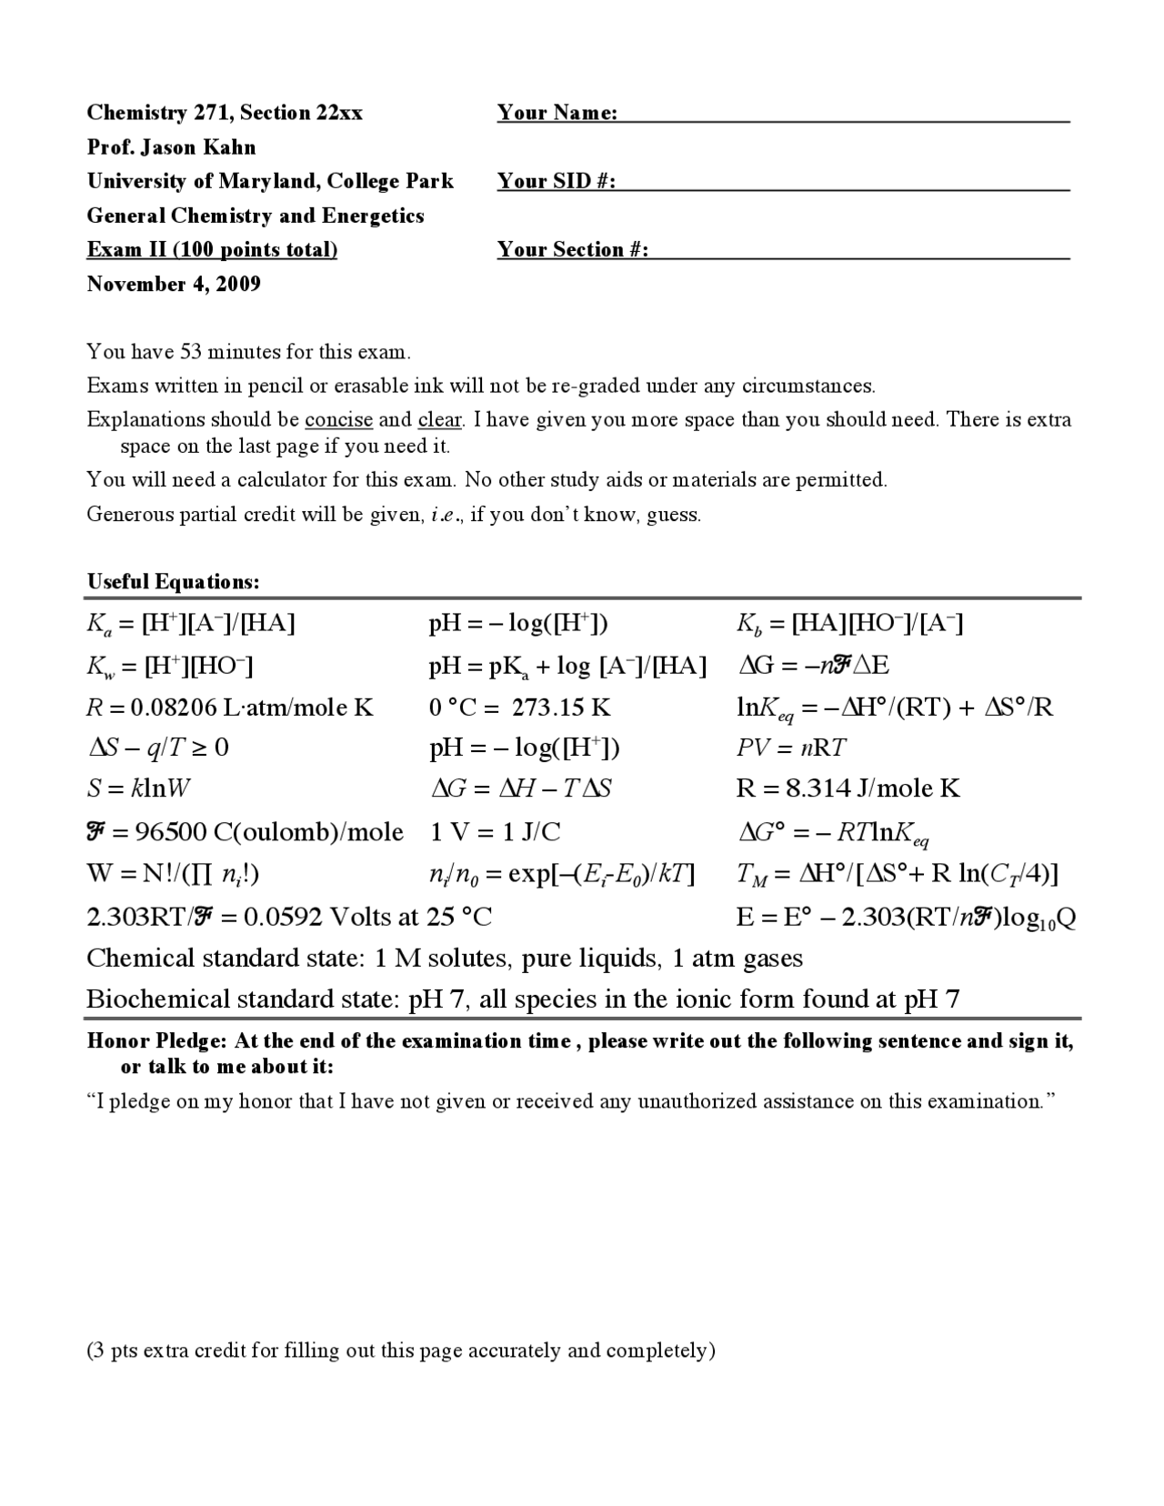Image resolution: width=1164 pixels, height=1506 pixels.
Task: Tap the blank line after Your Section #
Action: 858,251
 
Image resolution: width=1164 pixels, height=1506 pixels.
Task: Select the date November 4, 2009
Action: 174,284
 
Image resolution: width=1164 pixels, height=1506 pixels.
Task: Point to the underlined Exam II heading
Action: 212,250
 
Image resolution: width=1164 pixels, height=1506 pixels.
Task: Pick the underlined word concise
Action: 338,419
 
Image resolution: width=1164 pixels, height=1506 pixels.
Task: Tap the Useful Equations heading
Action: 173,582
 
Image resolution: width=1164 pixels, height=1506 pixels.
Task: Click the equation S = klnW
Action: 138,788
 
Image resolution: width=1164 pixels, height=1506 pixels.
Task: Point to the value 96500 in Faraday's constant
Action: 169,832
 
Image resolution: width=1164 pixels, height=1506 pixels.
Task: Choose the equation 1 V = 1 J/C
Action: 495,832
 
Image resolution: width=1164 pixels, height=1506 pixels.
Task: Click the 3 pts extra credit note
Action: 400,1350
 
